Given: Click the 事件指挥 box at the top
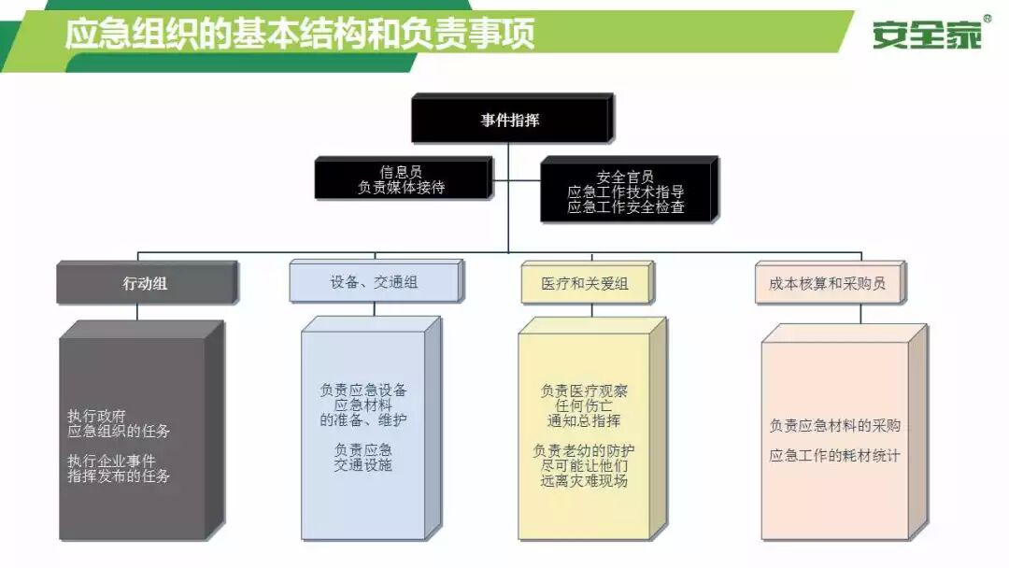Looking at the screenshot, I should click(510, 121).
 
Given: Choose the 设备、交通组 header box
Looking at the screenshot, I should click(374, 282).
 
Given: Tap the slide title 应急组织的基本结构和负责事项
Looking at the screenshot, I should click(300, 35).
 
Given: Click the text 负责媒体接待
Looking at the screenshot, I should click(401, 187).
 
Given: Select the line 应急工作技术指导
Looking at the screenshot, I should click(625, 192).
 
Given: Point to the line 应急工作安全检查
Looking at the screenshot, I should click(625, 206).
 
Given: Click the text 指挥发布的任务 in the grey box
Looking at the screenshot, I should click(119, 476).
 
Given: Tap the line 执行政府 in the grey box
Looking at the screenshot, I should click(96, 416).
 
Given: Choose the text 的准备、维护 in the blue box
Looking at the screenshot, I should click(362, 420).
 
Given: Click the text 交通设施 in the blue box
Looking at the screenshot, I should click(362, 464).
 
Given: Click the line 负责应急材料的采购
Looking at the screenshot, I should click(834, 425).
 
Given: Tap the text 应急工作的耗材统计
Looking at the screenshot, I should click(834, 456).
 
